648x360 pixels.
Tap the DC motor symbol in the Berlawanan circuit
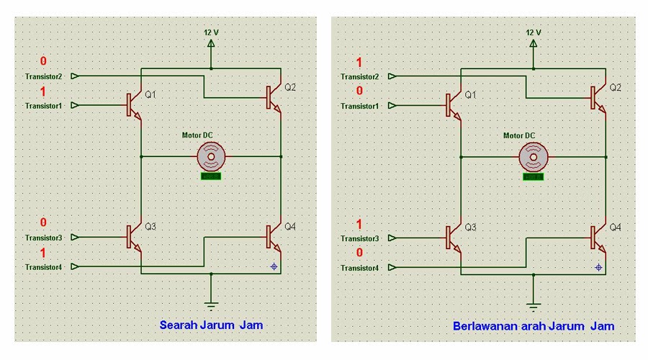534,155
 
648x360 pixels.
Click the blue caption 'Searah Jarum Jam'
211,325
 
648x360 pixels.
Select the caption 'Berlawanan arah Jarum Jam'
534,326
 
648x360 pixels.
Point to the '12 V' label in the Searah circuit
211,32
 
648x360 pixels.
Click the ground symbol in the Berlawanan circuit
534,300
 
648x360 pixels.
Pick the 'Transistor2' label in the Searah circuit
43,76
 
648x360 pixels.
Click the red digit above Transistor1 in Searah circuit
43,91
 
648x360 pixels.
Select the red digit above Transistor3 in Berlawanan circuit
359,224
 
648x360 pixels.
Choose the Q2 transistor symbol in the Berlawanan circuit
596,97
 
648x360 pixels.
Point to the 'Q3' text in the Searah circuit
150,227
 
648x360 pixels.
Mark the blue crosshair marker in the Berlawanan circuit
598,267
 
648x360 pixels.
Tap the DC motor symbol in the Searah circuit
211,155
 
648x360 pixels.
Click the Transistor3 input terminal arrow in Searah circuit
75,237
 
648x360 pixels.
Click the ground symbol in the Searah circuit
211,300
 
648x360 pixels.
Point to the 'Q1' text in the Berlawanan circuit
471,95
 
